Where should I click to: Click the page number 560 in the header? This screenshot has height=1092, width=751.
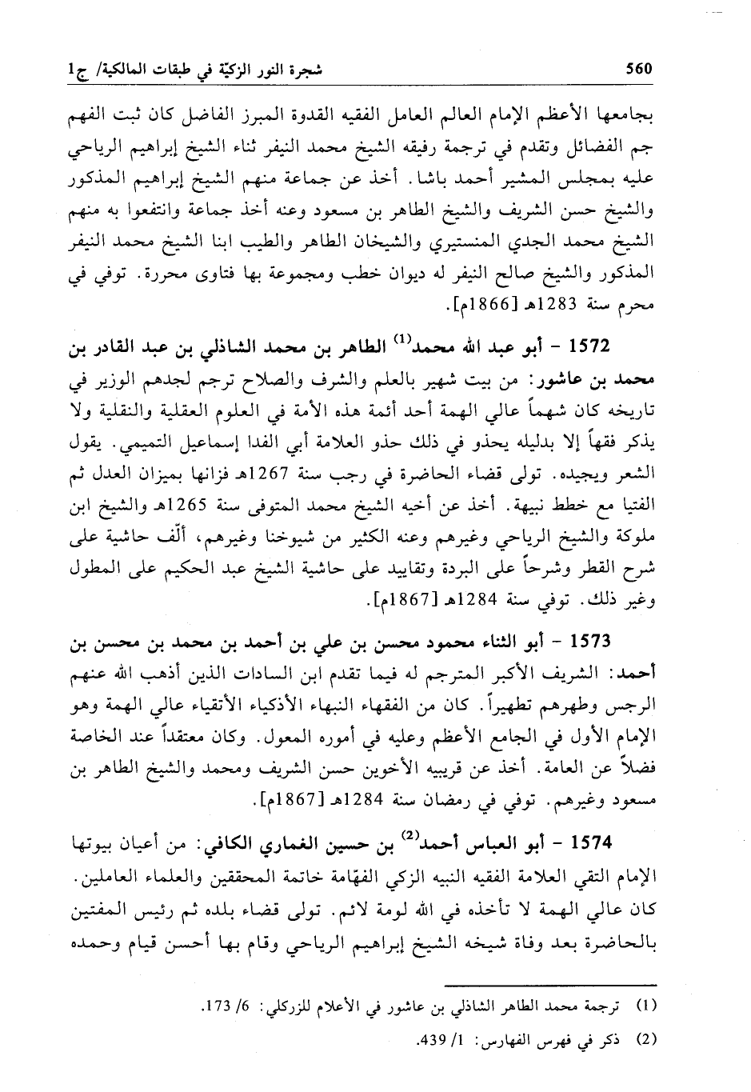point(639,69)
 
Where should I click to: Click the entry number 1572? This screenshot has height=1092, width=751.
point(588,348)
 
